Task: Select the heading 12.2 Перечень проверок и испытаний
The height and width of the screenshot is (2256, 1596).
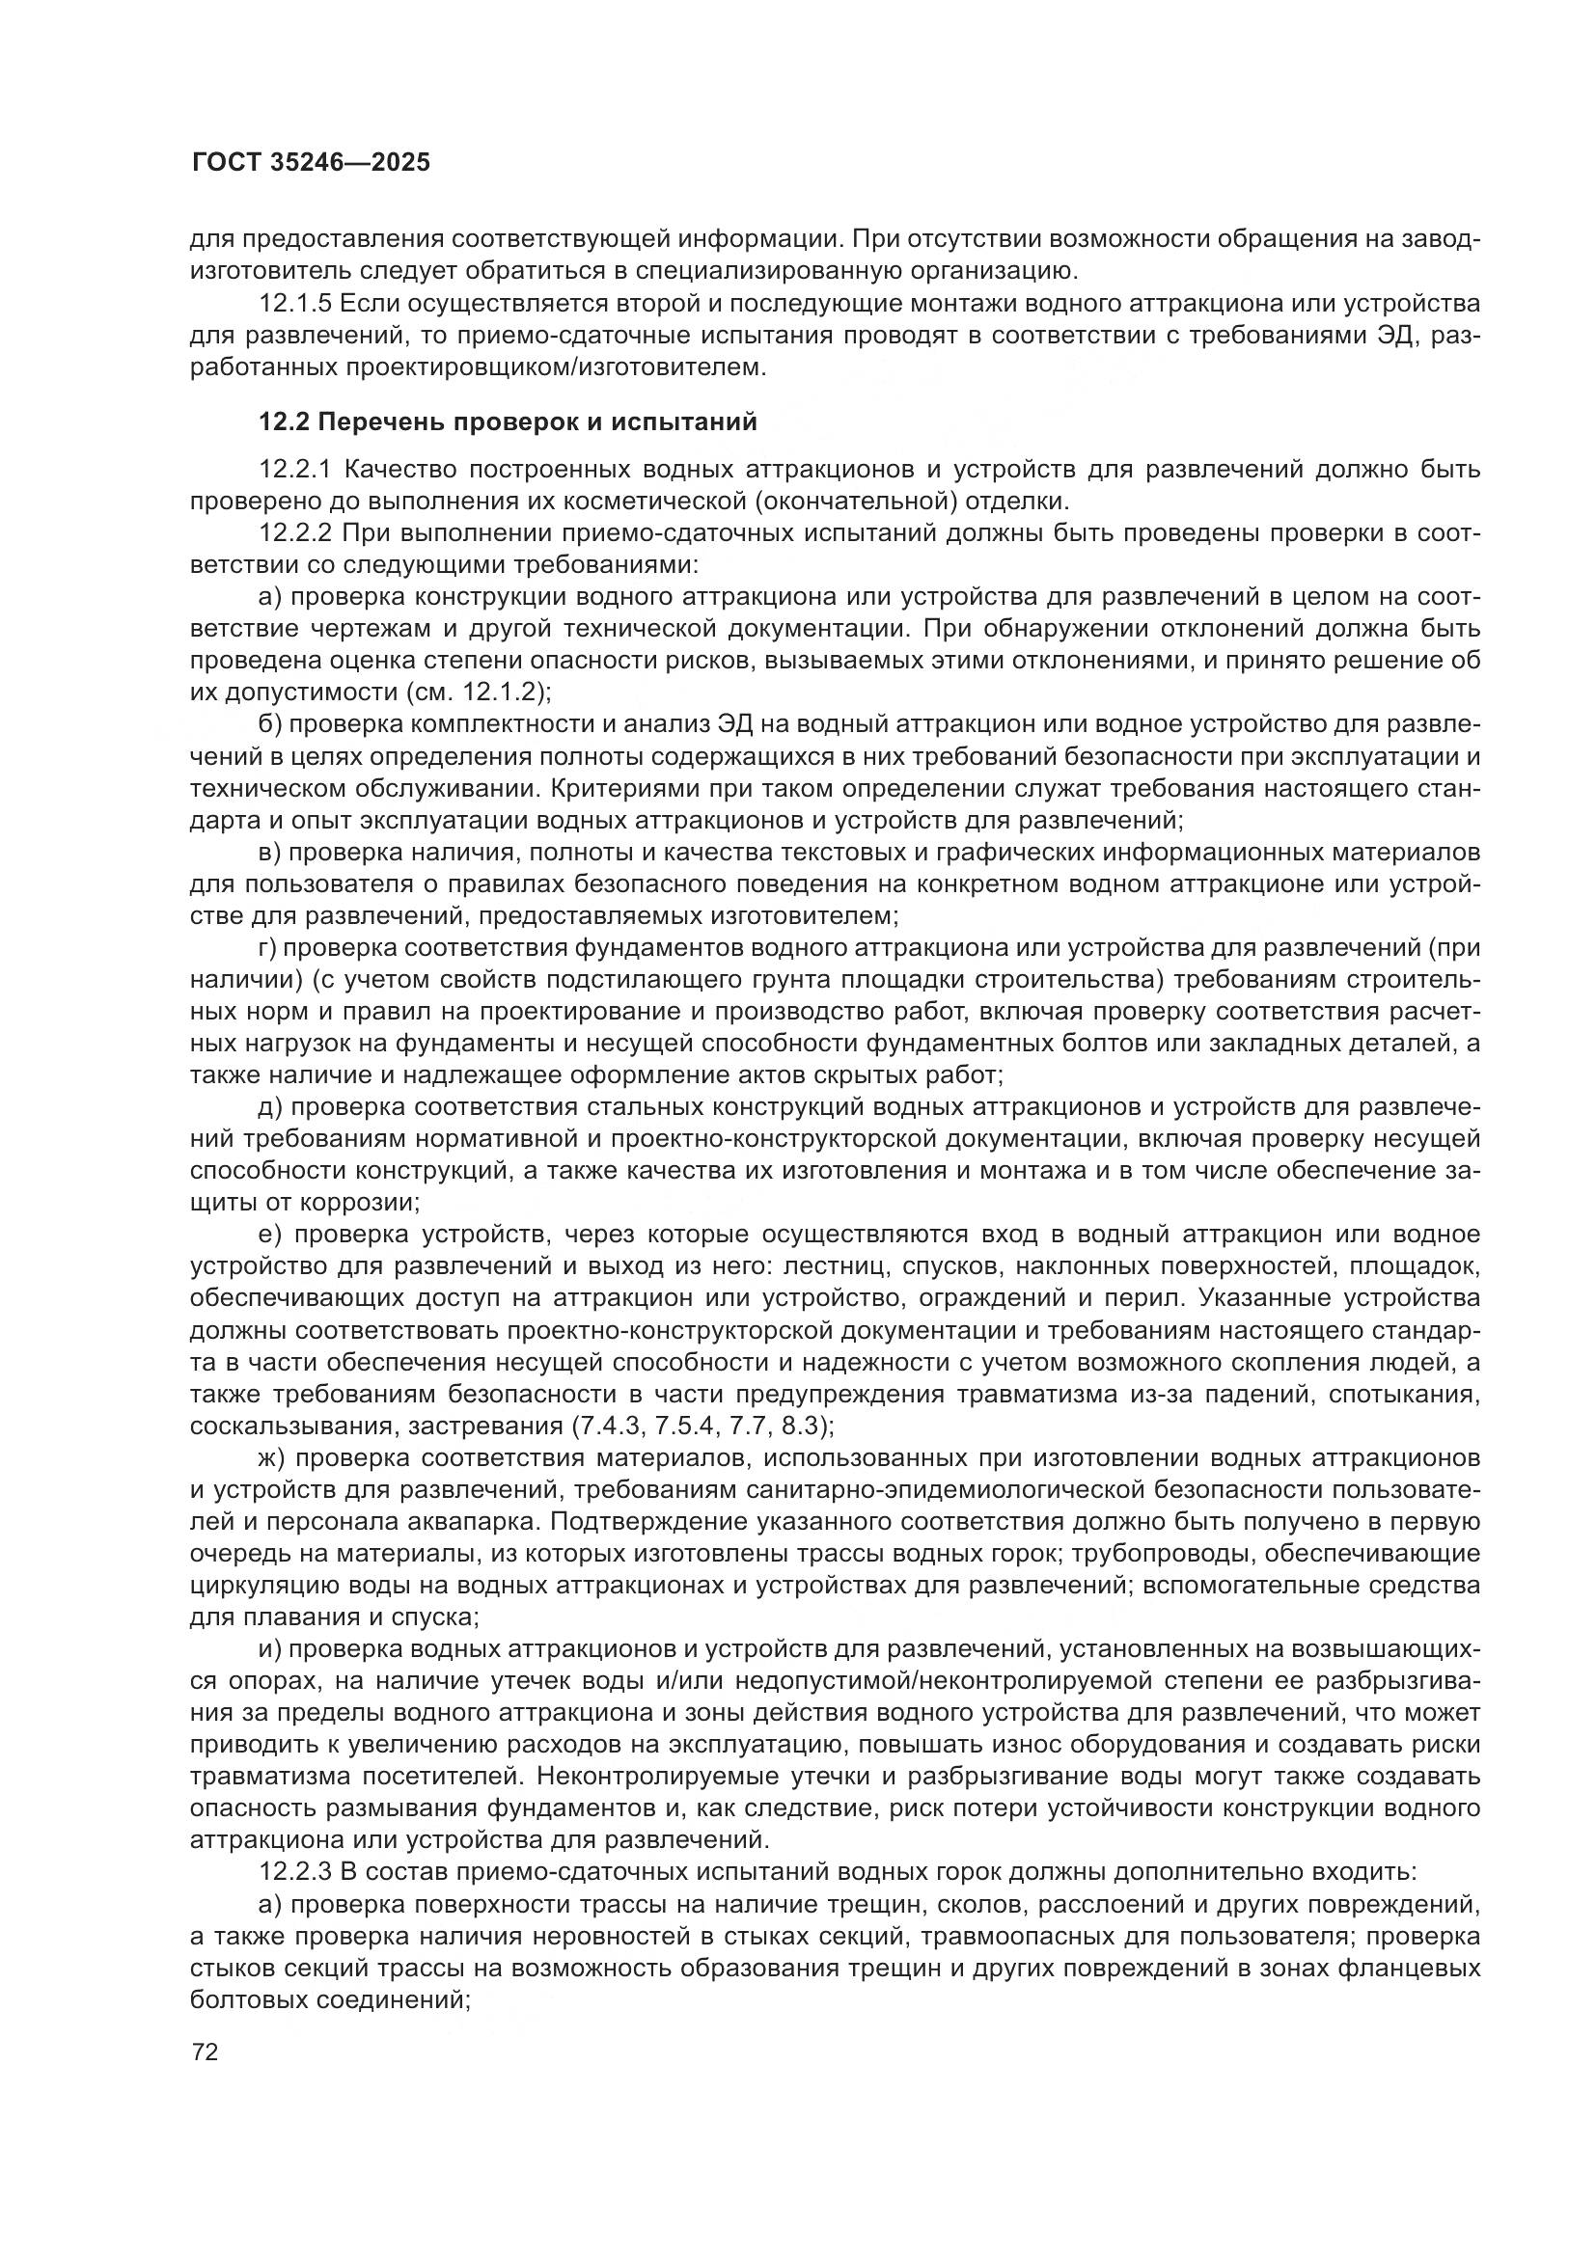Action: (509, 422)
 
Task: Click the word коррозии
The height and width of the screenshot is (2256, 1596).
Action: (363, 1202)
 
